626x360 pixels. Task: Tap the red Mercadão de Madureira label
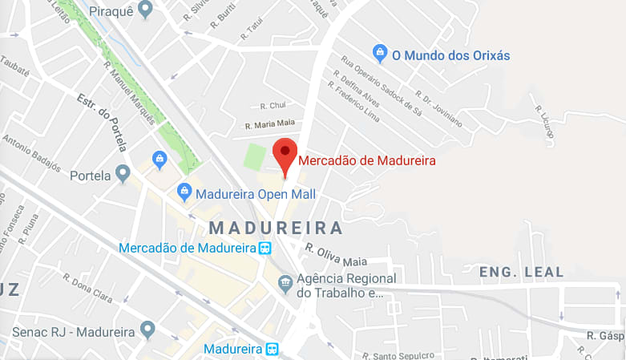point(367,160)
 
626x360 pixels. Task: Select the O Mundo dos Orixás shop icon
point(381,55)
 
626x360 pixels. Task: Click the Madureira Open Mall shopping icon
point(184,192)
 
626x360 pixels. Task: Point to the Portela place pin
point(123,173)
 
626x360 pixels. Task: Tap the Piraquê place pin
point(145,10)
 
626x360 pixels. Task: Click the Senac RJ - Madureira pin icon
point(147,329)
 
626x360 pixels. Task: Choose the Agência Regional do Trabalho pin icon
point(285,283)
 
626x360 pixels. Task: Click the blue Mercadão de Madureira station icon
point(265,248)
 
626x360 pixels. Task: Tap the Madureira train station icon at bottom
point(273,350)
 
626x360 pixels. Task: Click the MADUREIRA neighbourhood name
point(275,228)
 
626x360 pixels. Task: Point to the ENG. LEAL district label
point(521,273)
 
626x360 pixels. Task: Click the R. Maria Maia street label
point(270,124)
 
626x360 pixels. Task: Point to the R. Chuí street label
point(273,105)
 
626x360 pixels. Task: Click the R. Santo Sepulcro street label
point(398,354)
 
